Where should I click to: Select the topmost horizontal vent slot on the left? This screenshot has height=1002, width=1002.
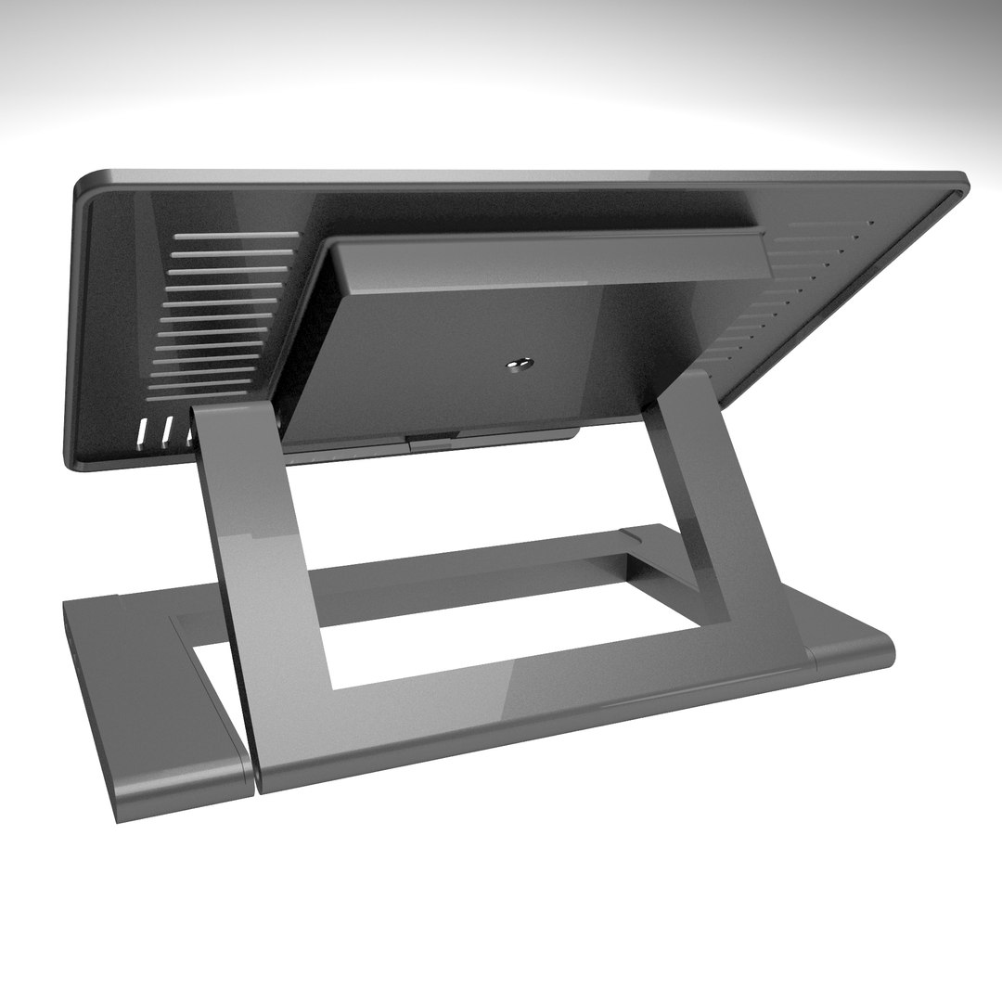point(236,236)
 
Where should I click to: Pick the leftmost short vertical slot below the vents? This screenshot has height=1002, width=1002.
point(145,431)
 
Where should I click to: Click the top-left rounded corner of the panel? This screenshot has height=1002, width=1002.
point(85,180)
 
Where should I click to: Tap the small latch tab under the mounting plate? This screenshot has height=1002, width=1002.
point(432,441)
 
